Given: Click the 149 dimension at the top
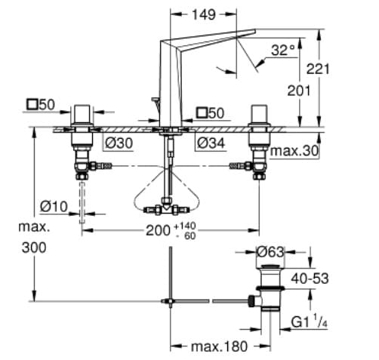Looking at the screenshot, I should point(204,14).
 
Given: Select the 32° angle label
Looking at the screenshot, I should point(283,51).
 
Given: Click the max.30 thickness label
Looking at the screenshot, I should point(297,152).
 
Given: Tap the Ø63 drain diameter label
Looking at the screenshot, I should point(270,251).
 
